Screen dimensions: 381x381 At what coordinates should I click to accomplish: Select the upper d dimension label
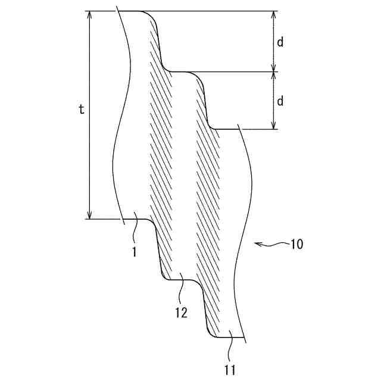280,42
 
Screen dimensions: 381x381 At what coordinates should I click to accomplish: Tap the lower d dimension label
280,101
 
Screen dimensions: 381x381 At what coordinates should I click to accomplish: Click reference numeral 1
135,252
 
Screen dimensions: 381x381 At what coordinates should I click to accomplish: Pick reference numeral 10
297,244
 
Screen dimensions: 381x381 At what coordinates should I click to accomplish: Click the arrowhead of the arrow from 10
256,243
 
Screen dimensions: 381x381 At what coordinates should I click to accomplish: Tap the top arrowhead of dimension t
90,15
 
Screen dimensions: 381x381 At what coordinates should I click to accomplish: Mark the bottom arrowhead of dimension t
90,215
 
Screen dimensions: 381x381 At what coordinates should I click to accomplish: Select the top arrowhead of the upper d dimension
274,15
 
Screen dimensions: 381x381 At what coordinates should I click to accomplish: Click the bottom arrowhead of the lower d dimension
274,125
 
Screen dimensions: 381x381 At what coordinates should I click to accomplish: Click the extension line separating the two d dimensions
238,72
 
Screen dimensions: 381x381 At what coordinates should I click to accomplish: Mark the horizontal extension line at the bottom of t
104,219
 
